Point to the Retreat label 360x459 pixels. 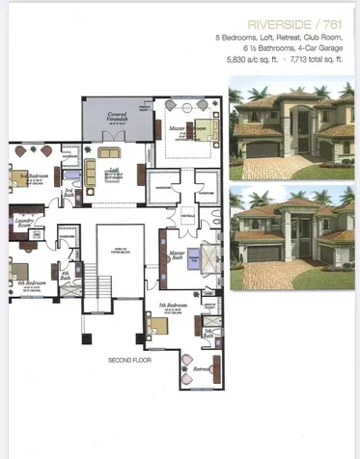[x=202, y=367]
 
